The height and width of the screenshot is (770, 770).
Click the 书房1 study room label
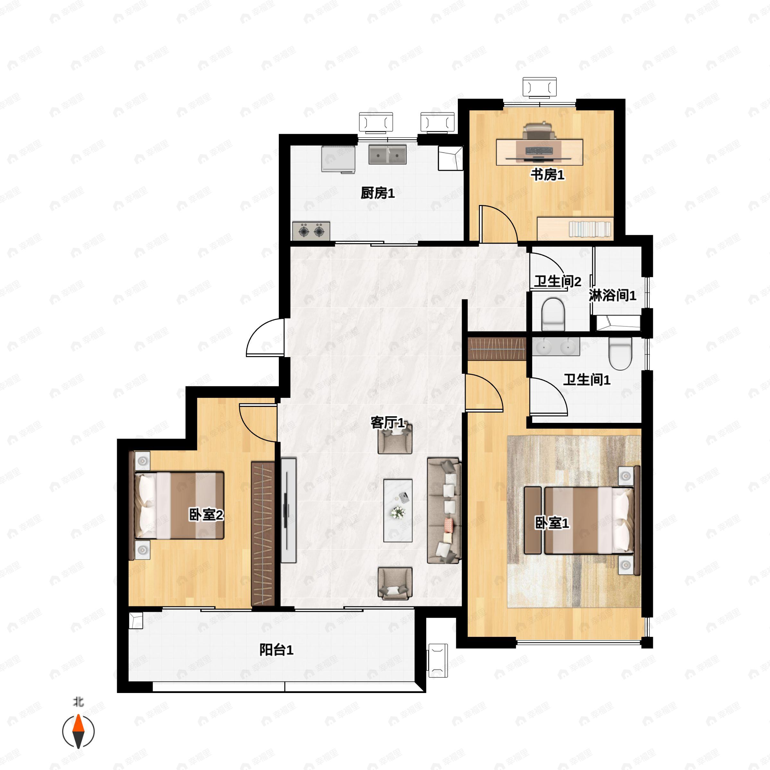tap(547, 175)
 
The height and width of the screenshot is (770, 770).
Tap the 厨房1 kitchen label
tap(377, 193)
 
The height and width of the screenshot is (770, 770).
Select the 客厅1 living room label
tap(387, 423)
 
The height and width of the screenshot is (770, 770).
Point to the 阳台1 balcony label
tap(276, 650)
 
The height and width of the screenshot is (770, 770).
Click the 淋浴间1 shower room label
tap(612, 295)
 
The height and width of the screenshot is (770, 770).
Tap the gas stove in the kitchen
tap(311, 231)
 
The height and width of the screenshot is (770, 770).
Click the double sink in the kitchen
tap(387, 155)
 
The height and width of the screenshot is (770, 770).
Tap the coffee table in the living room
tap(398, 510)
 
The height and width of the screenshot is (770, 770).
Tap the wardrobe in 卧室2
tap(263, 535)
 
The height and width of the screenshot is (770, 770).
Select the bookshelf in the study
tap(575, 229)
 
